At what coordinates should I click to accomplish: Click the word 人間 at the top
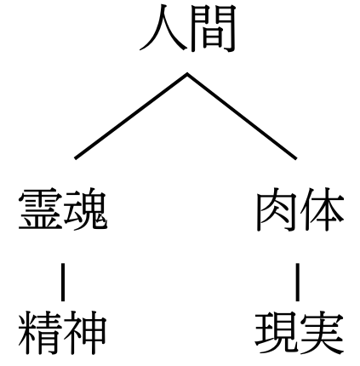click(187, 28)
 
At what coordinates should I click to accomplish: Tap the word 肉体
click(300, 209)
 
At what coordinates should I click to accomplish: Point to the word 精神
click(62, 333)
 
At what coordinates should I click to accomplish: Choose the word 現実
click(300, 333)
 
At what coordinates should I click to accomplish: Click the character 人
click(163, 28)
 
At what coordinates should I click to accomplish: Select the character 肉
click(277, 210)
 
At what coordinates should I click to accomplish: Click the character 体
click(323, 209)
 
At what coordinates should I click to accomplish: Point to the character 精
click(40, 333)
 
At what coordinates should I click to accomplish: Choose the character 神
click(85, 333)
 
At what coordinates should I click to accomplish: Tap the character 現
click(277, 333)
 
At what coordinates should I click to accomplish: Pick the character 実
click(323, 333)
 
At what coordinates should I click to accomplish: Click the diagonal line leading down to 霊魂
click(131, 116)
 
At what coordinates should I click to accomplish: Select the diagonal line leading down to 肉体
click(242, 116)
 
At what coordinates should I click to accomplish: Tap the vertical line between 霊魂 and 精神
click(63, 282)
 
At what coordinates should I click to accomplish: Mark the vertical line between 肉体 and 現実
click(297, 282)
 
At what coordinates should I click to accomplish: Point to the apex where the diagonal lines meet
click(187, 74)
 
